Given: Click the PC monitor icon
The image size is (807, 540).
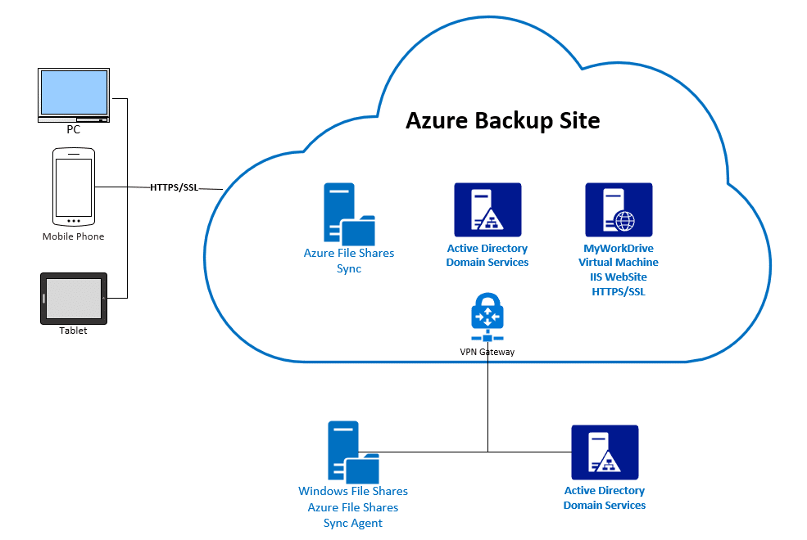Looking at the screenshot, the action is (74, 95).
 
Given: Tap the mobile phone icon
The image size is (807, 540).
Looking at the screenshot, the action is (74, 187).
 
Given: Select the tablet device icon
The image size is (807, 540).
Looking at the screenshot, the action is (74, 299).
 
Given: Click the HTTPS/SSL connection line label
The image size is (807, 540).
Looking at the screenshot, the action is (174, 187).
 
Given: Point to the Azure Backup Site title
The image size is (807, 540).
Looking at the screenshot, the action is (503, 121).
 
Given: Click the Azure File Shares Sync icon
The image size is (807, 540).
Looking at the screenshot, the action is (349, 214).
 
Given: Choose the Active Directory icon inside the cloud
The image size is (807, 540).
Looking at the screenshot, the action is (487, 209).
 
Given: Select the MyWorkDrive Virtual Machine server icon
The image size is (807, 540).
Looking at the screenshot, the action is (619, 209).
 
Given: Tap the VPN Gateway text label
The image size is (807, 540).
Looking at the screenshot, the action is (487, 352).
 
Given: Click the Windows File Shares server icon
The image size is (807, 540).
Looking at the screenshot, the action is (353, 452).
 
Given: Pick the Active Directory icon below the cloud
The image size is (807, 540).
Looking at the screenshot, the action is (605, 452).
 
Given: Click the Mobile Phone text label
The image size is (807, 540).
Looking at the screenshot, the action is (73, 236).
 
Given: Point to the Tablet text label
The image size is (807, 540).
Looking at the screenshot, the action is (73, 331).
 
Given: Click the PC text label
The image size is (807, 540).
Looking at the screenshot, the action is (74, 129).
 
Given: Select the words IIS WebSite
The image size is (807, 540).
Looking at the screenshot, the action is (619, 277).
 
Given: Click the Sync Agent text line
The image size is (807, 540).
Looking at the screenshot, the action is (353, 523).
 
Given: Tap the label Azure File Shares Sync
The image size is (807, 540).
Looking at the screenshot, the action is (349, 260).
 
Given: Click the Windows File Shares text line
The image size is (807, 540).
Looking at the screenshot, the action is (353, 491).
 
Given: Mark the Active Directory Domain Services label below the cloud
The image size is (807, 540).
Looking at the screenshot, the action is (605, 498).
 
